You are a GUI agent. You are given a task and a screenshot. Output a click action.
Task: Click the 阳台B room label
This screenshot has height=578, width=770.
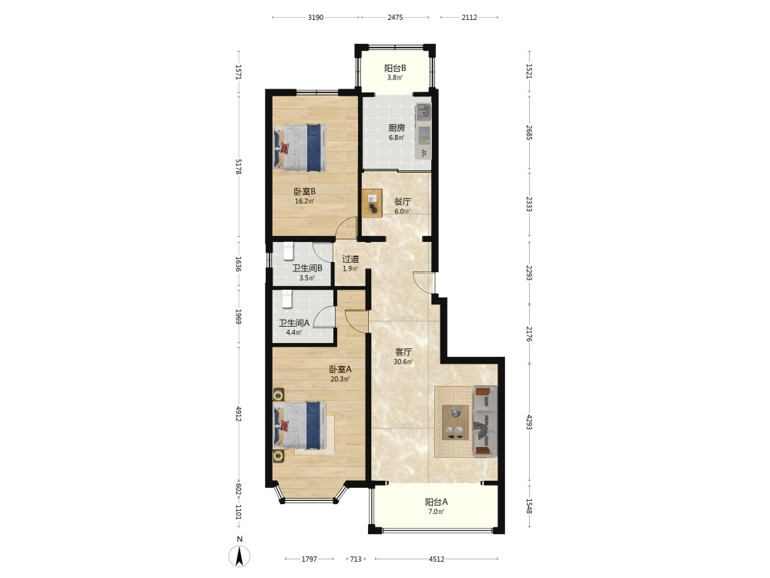[395, 69]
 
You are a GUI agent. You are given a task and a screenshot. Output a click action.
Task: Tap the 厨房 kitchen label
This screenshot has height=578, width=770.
[397, 128]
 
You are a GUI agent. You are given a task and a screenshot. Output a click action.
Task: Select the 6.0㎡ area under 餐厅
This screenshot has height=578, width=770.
[403, 212]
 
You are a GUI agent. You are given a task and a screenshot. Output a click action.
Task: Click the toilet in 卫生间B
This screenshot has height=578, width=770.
[288, 251]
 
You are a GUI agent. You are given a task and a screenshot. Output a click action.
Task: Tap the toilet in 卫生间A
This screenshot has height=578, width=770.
[287, 299]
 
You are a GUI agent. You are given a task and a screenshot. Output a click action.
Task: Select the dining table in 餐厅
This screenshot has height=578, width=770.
[372, 203]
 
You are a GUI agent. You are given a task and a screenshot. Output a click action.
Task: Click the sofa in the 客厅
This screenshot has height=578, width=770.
[484, 421]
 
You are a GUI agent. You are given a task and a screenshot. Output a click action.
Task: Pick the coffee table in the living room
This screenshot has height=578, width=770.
[455, 422]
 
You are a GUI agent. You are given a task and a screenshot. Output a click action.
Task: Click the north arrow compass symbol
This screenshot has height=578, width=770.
[239, 556]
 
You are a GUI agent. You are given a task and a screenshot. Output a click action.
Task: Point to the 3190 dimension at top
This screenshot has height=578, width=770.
[316, 17]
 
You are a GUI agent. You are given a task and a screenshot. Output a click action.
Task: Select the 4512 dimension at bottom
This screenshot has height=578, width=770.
[437, 559]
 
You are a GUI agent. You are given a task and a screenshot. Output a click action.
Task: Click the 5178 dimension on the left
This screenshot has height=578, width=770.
[239, 166]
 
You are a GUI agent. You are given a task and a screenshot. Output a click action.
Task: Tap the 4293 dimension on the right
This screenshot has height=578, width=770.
[529, 422]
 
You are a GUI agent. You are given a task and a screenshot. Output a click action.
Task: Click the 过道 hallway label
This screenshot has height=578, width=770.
[350, 259]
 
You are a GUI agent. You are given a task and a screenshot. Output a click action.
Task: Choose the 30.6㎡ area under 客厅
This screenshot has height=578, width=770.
[403, 362]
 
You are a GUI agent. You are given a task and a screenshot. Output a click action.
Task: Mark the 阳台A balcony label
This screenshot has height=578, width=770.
[436, 502]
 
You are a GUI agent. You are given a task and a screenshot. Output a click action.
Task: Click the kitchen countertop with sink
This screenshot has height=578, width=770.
[423, 131]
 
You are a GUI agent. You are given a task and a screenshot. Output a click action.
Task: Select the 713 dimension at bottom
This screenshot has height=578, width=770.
[356, 559]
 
